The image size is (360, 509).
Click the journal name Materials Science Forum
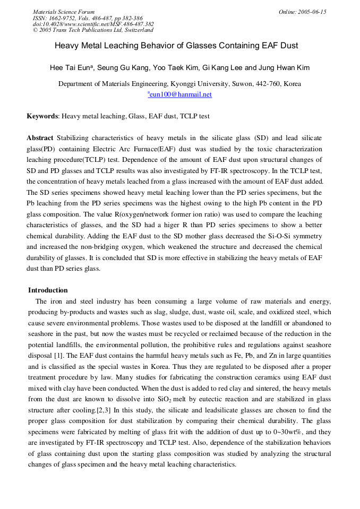[64, 12]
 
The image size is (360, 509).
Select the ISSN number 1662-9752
[62, 18]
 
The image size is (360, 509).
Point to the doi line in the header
[93, 24]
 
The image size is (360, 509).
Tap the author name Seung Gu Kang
[123, 68]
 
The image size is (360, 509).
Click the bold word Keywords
[42, 116]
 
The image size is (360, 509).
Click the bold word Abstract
[40, 138]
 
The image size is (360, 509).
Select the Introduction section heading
[48, 290]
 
